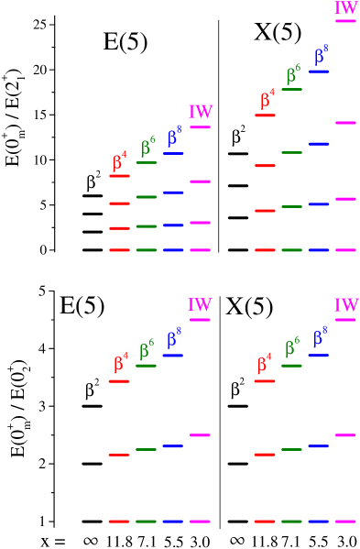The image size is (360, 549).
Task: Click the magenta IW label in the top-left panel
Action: click(x=201, y=112)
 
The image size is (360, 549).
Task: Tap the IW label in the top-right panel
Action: click(x=346, y=8)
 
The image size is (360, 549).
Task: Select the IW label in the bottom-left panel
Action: click(x=200, y=305)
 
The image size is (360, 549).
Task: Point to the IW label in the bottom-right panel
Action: click(x=346, y=305)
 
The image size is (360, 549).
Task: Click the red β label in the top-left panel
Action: click(x=120, y=162)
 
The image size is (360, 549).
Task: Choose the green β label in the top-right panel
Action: click(x=293, y=74)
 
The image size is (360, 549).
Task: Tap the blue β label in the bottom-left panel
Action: click(x=173, y=338)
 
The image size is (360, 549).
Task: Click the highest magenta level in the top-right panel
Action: click(x=345, y=21)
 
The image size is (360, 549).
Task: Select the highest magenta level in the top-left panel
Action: click(x=200, y=127)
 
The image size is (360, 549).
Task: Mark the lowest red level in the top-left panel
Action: click(x=119, y=249)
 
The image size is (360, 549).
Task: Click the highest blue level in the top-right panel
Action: click(x=319, y=71)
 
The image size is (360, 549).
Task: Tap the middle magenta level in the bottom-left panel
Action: click(x=200, y=435)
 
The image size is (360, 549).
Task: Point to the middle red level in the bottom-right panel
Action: click(x=265, y=454)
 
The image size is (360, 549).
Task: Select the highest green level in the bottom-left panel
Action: click(x=146, y=366)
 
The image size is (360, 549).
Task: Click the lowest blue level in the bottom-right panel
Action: click(x=319, y=522)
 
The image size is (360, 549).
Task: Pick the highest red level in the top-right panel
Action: click(x=265, y=115)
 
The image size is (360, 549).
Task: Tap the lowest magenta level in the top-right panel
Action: click(x=345, y=249)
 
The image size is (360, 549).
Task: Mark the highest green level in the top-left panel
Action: click(x=146, y=162)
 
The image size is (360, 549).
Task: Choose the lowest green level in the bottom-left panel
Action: click(x=146, y=522)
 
